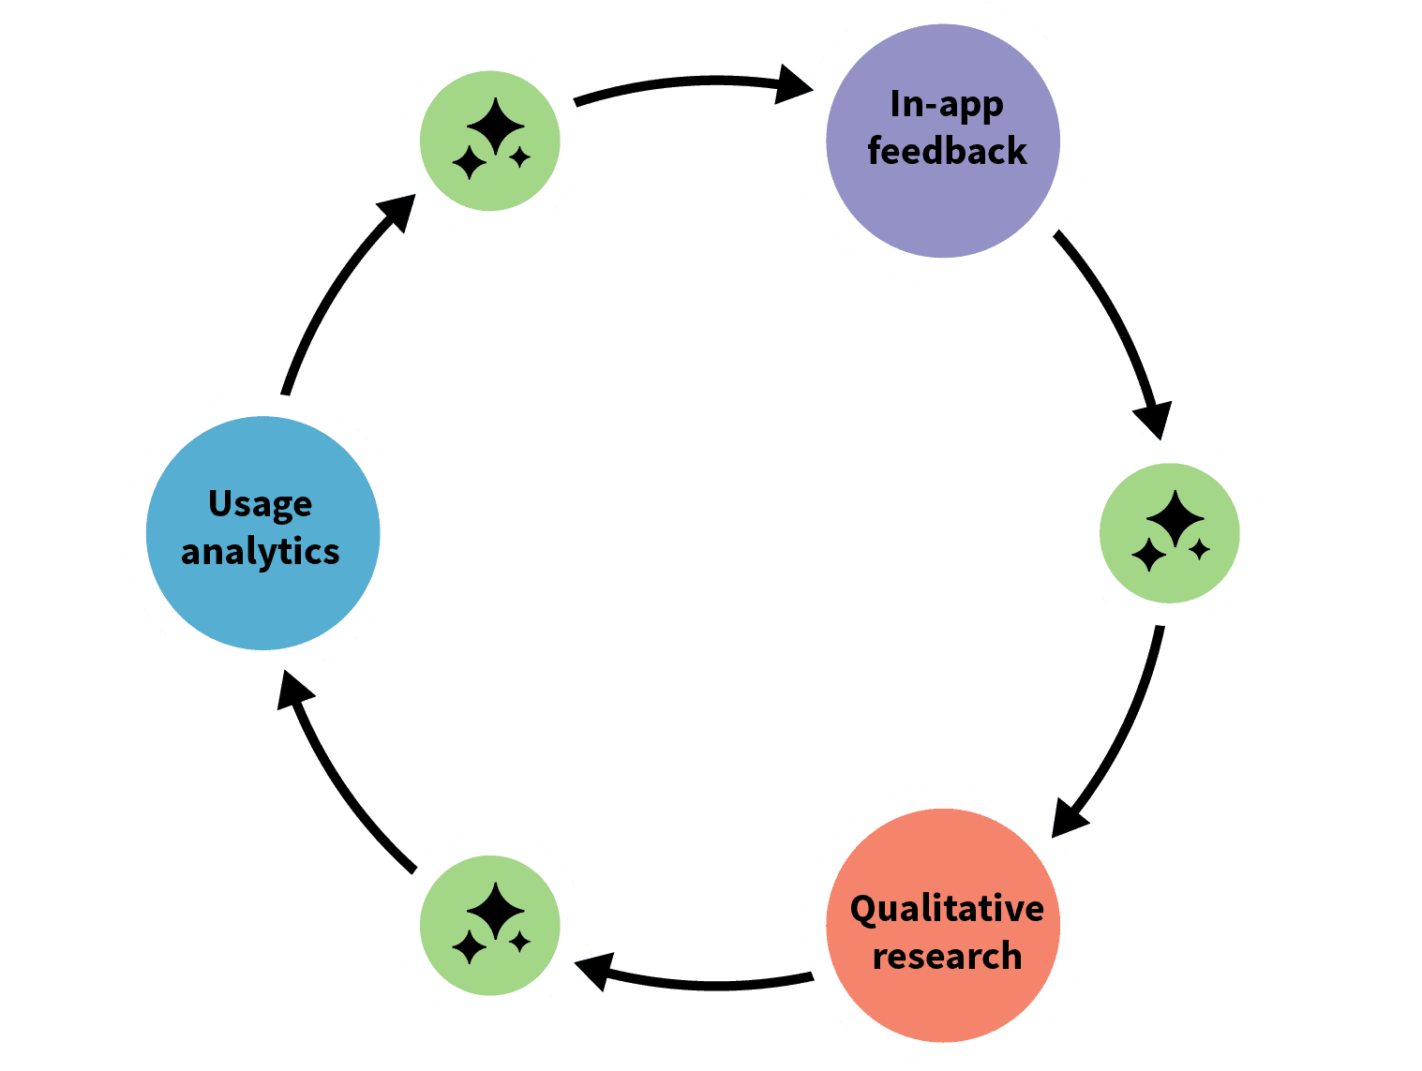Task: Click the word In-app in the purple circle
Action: click(x=946, y=105)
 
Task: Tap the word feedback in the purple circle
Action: click(x=947, y=151)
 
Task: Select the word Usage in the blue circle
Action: click(x=260, y=504)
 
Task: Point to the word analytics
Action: click(x=260, y=551)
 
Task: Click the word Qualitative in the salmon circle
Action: click(x=947, y=909)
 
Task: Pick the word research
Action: click(x=947, y=957)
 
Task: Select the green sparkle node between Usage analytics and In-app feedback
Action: click(x=489, y=141)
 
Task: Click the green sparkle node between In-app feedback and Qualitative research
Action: click(x=1169, y=532)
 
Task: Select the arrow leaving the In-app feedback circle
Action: click(x=1115, y=319)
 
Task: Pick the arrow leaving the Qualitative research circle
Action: click(x=712, y=984)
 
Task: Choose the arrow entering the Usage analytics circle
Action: click(x=347, y=787)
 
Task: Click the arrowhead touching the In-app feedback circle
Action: click(x=794, y=85)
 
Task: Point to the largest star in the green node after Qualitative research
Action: click(x=495, y=910)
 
